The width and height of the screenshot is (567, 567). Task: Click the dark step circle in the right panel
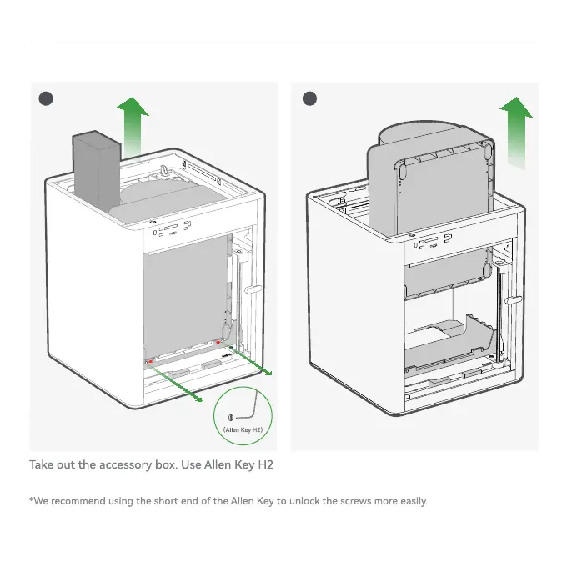(x=310, y=98)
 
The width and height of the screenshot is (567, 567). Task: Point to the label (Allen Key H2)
(x=243, y=430)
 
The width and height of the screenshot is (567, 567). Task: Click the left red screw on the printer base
(x=150, y=363)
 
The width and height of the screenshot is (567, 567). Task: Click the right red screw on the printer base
(x=218, y=342)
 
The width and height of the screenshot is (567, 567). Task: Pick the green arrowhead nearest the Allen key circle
(x=198, y=399)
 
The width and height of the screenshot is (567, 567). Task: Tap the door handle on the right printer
(x=514, y=299)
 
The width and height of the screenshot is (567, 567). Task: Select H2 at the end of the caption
(x=264, y=464)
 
